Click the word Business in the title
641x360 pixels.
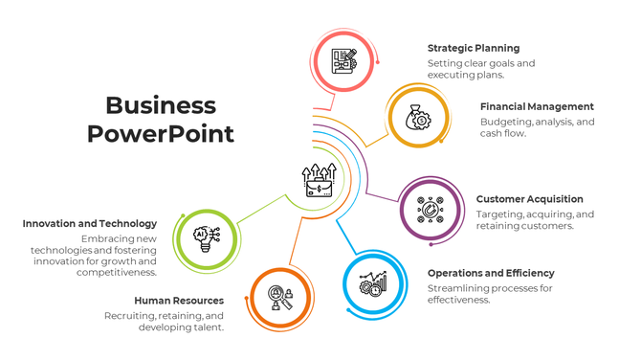click(161, 105)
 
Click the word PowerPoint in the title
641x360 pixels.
click(161, 134)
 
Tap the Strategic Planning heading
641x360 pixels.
click(474, 48)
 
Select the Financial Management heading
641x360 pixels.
click(537, 106)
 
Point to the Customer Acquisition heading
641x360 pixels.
click(529, 199)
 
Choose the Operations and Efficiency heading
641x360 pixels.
click(491, 273)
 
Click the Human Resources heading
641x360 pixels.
click(179, 300)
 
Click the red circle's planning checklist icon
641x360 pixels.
click(343, 58)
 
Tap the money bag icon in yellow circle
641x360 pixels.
click(418, 117)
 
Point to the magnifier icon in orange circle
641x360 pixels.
click(280, 298)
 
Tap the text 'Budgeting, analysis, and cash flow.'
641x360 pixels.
click(537, 127)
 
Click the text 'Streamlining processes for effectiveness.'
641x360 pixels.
click(490, 293)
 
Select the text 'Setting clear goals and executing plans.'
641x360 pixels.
click(481, 69)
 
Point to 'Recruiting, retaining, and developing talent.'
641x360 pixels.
click(164, 321)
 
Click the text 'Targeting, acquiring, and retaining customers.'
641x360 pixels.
click(535, 220)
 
